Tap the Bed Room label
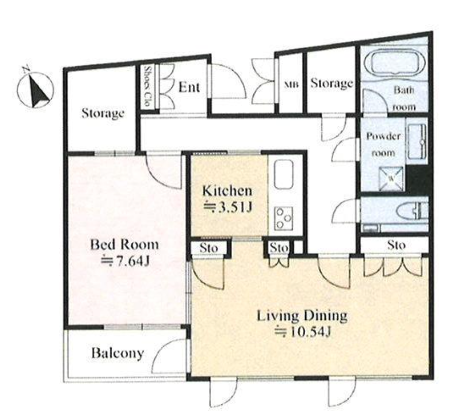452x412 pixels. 125,245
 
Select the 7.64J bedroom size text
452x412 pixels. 125,261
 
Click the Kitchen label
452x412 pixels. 227,190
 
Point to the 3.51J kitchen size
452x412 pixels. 228,207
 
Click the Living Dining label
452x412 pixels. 302,316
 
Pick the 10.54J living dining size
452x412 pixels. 302,331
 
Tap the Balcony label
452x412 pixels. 117,353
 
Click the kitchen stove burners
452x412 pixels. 283,218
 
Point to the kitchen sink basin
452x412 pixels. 284,174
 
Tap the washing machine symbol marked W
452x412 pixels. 391,178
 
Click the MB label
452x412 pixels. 292,85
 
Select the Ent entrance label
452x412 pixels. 189,87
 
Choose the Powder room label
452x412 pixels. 383,144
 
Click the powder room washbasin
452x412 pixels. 417,141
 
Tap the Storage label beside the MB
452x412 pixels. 332,83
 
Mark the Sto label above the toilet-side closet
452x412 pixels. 396,245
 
